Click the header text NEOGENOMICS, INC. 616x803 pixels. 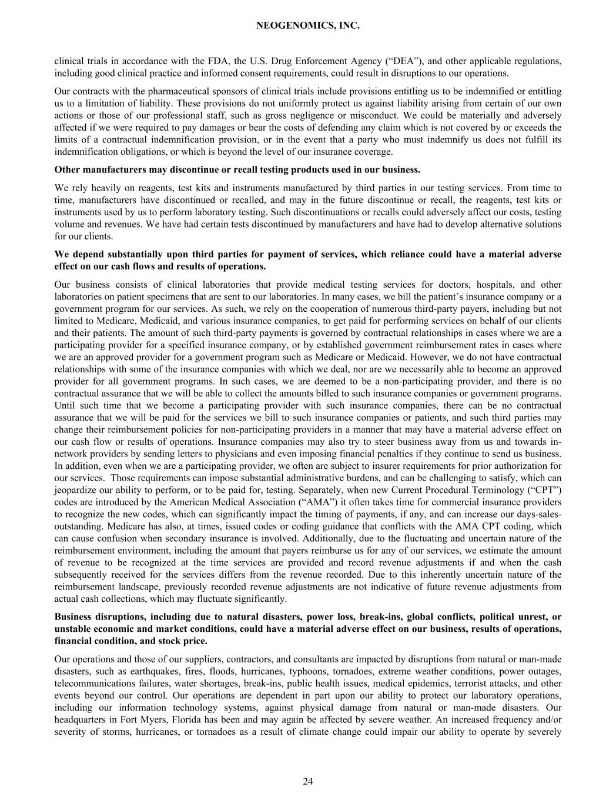[308, 26]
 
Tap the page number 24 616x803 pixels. [308, 781]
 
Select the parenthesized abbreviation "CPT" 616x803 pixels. [547, 490]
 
